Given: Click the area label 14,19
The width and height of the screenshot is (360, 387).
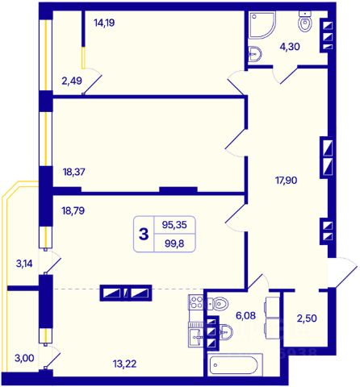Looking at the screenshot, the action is point(104,23).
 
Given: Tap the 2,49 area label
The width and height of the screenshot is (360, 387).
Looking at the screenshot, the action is point(72,81).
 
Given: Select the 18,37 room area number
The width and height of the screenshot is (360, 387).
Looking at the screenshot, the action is point(73,172).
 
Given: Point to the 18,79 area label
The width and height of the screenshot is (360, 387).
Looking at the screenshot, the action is point(73,210).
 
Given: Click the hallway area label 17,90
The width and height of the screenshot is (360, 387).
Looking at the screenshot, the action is point(287,180).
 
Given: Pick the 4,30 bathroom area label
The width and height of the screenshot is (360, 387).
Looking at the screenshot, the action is point(290,47).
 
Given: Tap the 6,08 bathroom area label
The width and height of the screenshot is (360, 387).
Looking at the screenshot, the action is point(245,315).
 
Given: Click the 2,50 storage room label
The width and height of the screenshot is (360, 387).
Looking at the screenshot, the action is point(307,318).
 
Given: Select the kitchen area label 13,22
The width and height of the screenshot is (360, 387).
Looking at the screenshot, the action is point(124,364).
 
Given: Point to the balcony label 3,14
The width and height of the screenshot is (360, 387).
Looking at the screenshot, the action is point(24,264).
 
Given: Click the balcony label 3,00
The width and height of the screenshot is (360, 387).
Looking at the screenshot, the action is point(24,358).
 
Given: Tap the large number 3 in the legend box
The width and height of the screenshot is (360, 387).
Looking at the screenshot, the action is point(144,234).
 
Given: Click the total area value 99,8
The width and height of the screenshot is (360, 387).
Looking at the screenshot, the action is point(174,243).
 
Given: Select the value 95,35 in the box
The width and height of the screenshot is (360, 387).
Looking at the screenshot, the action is point(174,225).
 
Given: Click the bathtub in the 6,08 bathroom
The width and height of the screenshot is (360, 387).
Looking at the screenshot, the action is point(235,364).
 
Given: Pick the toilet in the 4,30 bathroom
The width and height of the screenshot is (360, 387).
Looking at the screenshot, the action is point(305,22).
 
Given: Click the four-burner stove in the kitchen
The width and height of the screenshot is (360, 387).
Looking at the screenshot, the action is point(196,302).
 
